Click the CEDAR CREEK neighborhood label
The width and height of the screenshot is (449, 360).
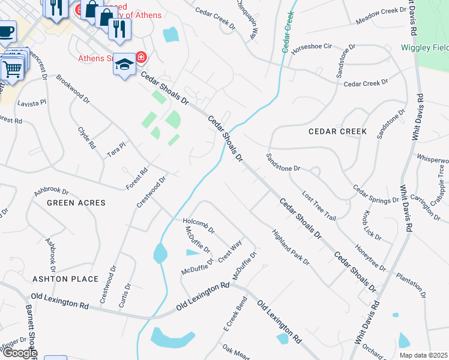coord(337,131)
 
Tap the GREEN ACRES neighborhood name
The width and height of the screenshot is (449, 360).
coord(76,203)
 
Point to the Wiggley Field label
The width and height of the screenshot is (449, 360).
coord(424,47)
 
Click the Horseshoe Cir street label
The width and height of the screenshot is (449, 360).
coord(312,46)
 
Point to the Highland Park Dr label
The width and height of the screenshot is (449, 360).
coord(291,247)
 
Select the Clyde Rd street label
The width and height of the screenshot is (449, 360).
coord(87,137)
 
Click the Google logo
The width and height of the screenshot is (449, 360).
coord(19,353)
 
